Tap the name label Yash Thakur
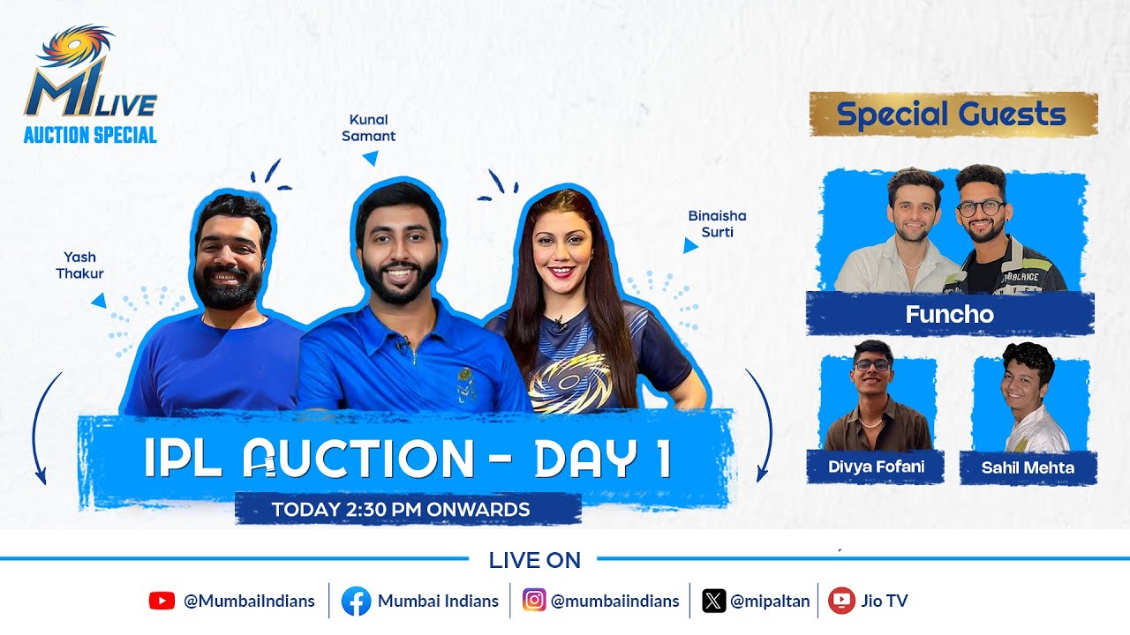pyautogui.click(x=79, y=265)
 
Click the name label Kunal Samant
pyautogui.click(x=368, y=128)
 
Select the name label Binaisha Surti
pyautogui.click(x=711, y=224)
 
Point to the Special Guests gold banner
pyautogui.click(x=953, y=115)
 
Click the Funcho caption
pyautogui.click(x=949, y=315)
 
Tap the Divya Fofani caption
pyautogui.click(x=876, y=467)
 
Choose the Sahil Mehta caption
pyautogui.click(x=1028, y=468)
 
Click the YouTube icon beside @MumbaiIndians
pyautogui.click(x=162, y=601)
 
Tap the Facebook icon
pyautogui.click(x=356, y=601)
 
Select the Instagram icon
pyautogui.click(x=534, y=601)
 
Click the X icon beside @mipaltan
pyautogui.click(x=713, y=601)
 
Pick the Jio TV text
pyautogui.click(x=885, y=601)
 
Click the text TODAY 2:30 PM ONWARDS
pyautogui.click(x=401, y=509)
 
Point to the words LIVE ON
pyautogui.click(x=534, y=560)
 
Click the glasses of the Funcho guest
pyautogui.click(x=980, y=208)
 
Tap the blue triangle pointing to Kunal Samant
pyautogui.click(x=372, y=159)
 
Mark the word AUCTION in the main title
pyautogui.click(x=358, y=458)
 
